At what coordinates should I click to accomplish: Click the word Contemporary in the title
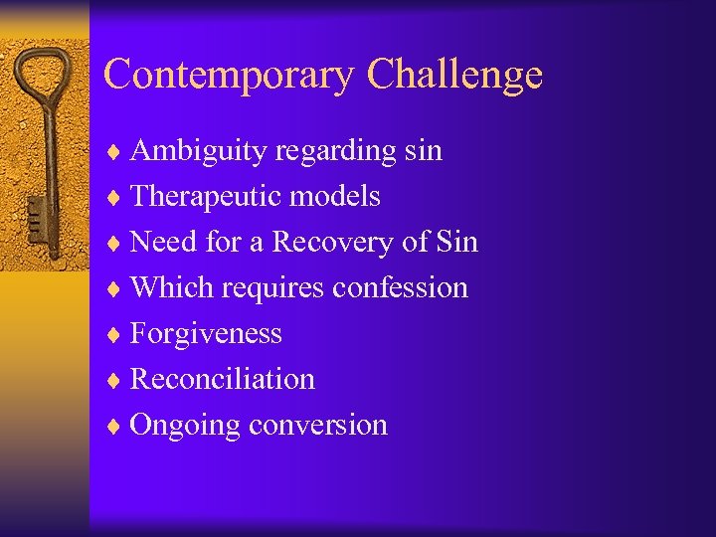tap(230, 76)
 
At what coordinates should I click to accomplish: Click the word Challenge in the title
tap(454, 76)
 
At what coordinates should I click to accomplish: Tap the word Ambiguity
tap(200, 151)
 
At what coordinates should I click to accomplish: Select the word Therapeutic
tap(206, 197)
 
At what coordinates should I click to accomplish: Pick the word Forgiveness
tap(206, 333)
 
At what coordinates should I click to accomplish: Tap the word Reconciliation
tap(223, 379)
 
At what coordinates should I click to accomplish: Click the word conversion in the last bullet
tap(318, 425)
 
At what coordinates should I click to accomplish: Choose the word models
tap(335, 196)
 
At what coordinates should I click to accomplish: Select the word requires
tap(272, 288)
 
